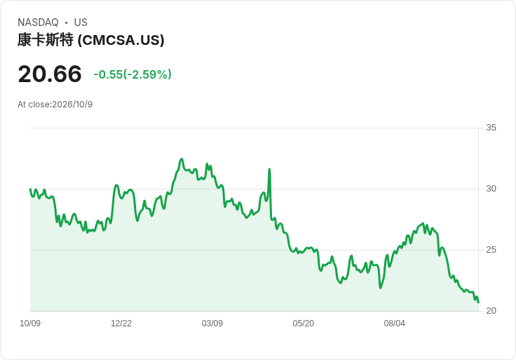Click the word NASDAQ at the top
pos(38,22)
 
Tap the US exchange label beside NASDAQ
pos(81,22)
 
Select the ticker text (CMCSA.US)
pos(121,40)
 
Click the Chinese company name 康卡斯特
pos(46,40)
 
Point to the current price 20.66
pos(50,74)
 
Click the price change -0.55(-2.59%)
pos(133,74)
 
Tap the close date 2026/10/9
pos(72,105)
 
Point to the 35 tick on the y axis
pos(491,128)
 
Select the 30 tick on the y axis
pos(491,189)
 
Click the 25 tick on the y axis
pos(491,250)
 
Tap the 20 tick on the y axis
pos(491,311)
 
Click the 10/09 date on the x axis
pos(30,324)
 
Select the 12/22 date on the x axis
pos(121,324)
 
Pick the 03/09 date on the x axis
pos(212,324)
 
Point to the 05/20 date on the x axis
pos(304,324)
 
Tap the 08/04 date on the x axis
pos(395,324)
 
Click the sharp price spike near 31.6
pos(269,169)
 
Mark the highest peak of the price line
pos(182,159)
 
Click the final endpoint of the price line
pos(478,302)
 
